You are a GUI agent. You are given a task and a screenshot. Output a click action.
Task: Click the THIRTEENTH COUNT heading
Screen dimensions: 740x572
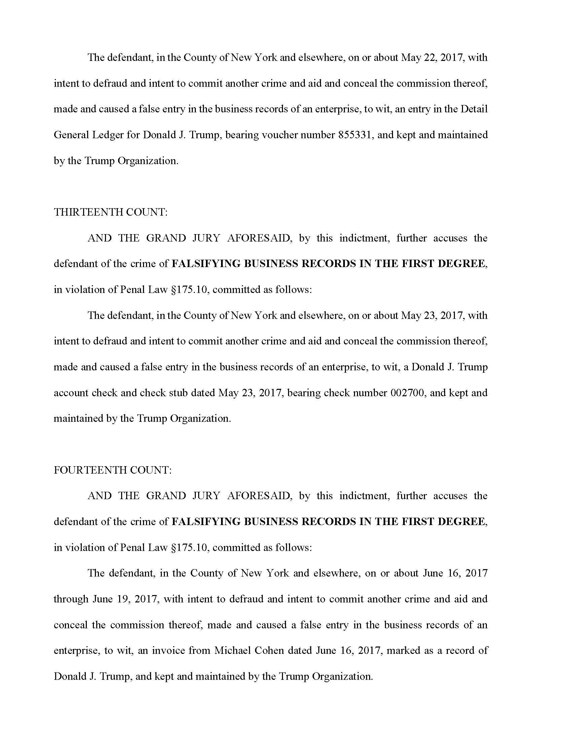coord(110,212)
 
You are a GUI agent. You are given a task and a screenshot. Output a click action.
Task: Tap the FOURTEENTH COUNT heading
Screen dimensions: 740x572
coord(112,470)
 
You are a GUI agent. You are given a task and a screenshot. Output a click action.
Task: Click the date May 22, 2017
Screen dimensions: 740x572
coord(432,58)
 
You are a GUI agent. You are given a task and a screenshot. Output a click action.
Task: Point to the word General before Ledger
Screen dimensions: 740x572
coord(69,135)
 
